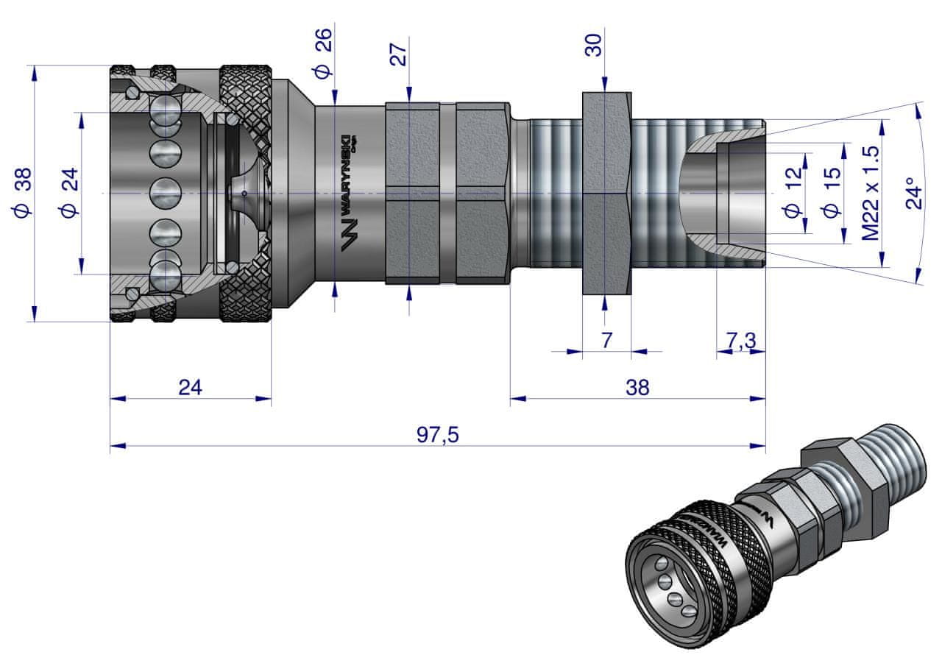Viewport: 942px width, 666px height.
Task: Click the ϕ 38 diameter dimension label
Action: coord(23,192)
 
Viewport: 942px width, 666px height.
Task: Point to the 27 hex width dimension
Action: coord(398,54)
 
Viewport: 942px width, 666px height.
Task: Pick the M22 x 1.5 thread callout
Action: coord(871,193)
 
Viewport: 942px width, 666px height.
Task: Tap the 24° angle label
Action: coord(914,193)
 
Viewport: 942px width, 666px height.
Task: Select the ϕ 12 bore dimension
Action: coord(792,193)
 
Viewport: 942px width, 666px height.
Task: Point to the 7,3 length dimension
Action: coord(741,340)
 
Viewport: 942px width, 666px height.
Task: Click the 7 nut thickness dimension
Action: coord(606,340)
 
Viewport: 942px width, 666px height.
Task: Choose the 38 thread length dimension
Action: coord(637,388)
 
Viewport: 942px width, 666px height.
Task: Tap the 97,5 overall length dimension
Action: coord(438,435)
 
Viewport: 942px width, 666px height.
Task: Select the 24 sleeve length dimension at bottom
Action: coord(191,388)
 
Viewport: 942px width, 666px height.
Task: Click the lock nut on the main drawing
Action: coord(606,193)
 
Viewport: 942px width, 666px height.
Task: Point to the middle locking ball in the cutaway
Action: coord(166,194)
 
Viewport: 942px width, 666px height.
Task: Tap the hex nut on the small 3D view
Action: coord(836,471)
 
